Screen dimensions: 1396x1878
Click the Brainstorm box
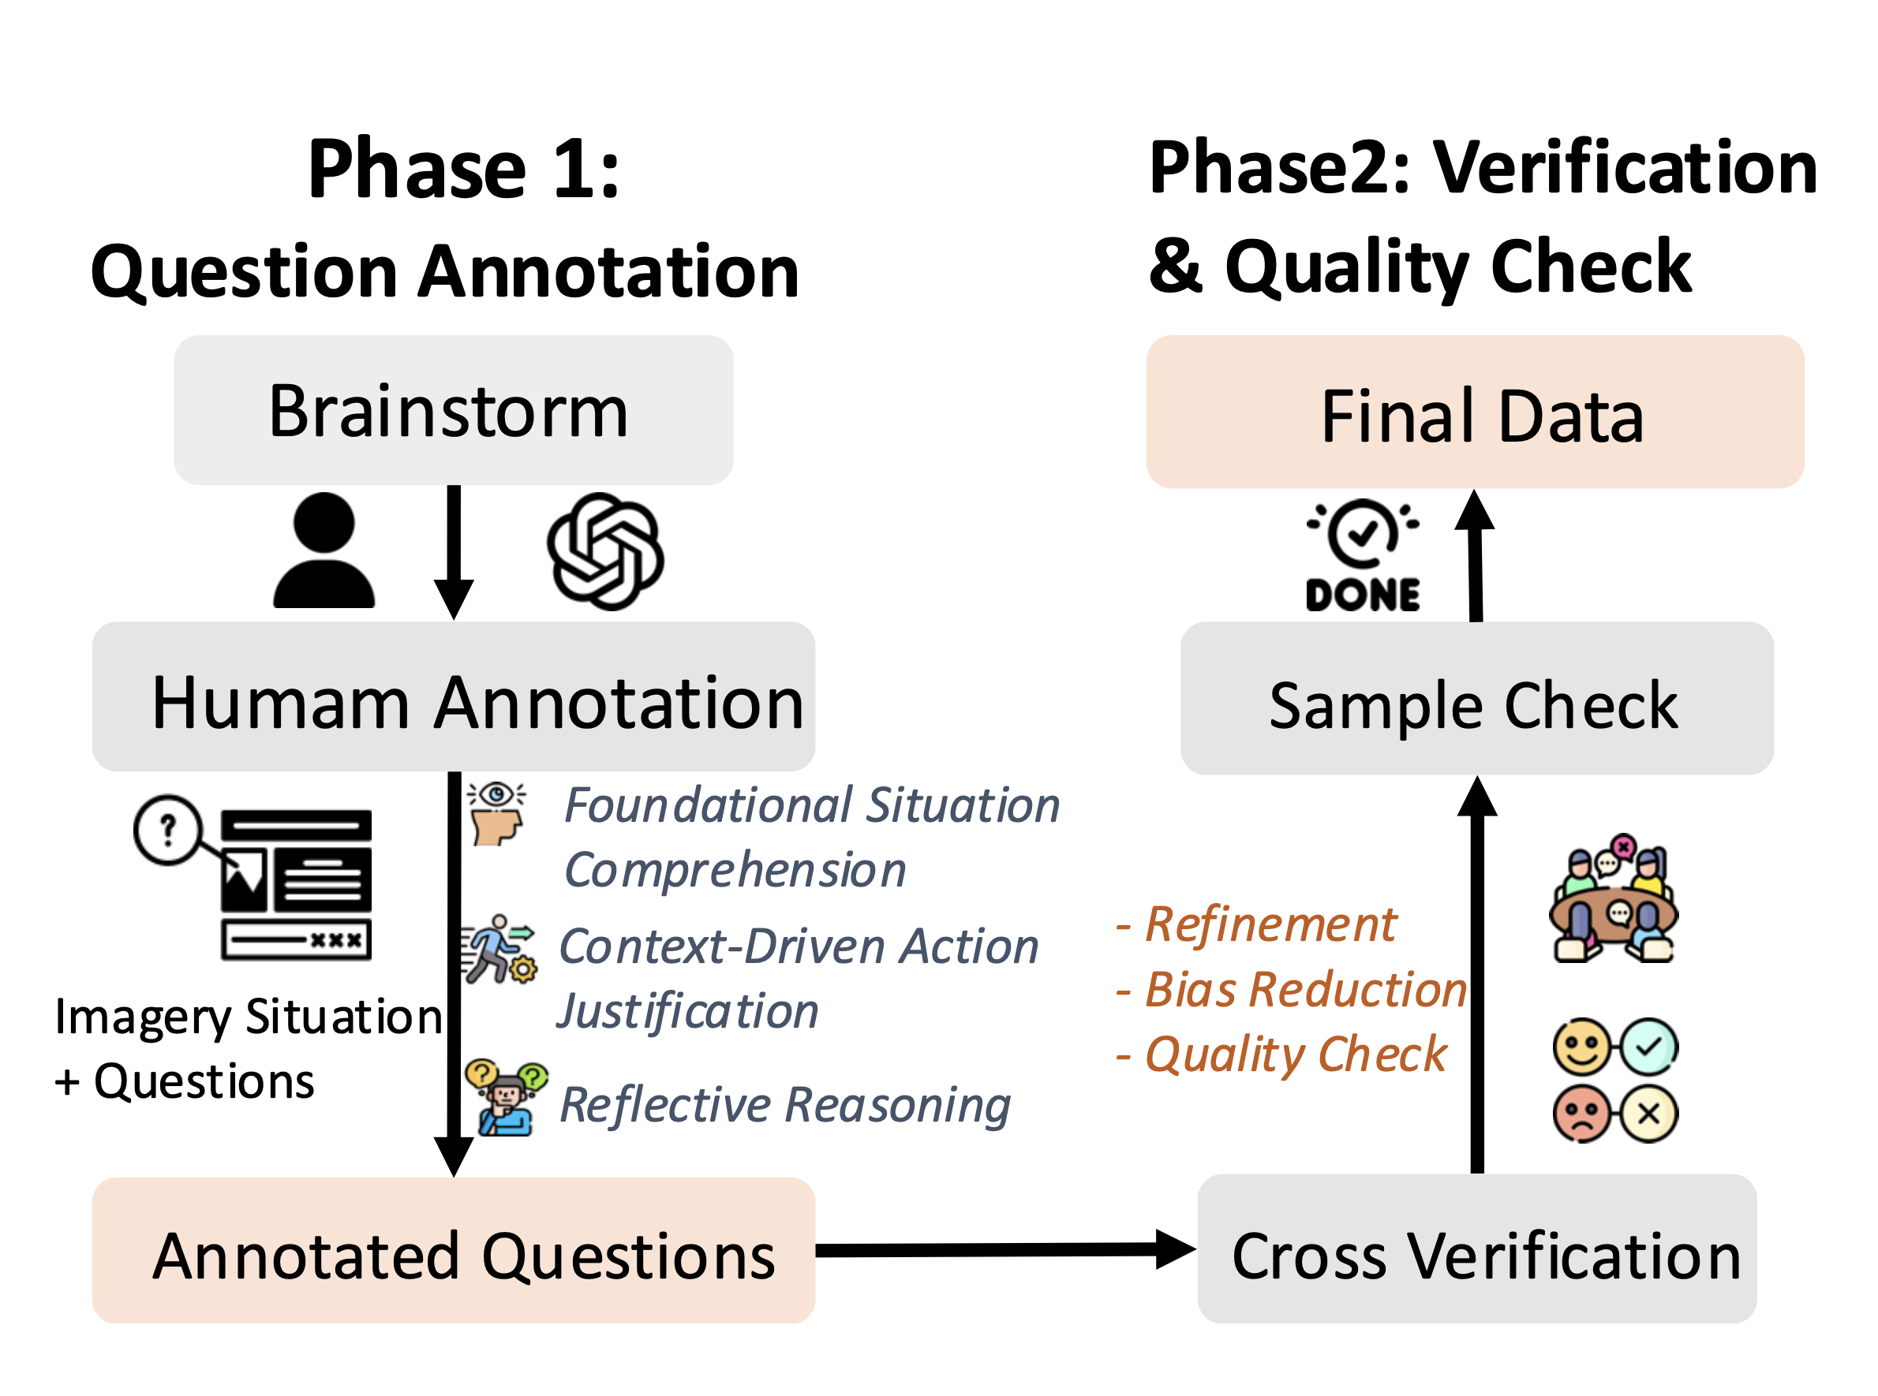[x=453, y=411]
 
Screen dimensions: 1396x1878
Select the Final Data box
[x=1475, y=412]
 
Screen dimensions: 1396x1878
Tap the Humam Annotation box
[x=453, y=696]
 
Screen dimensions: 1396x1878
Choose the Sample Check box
[x=1476, y=698]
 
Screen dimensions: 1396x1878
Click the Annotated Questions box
[x=453, y=1250]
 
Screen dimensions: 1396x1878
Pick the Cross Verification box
[x=1476, y=1249]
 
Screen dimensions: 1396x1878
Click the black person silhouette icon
[x=324, y=551]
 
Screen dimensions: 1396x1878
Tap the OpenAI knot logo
[x=605, y=551]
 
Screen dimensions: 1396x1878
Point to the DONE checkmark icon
[x=1362, y=554]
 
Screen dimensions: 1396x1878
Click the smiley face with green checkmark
[x=1615, y=1047]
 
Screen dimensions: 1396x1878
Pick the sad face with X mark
[x=1615, y=1113]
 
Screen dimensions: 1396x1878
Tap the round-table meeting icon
[x=1614, y=899]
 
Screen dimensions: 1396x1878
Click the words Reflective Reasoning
[x=784, y=1104]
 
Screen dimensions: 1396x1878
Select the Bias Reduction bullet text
[x=1305, y=990]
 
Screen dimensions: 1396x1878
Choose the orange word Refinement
[x=1270, y=924]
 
